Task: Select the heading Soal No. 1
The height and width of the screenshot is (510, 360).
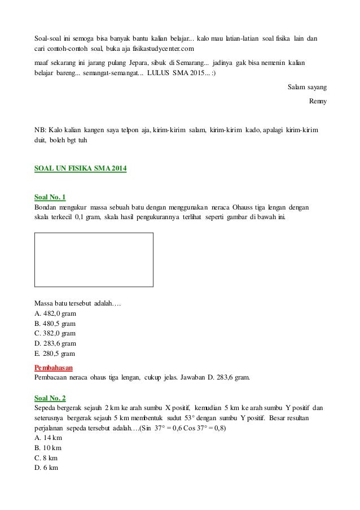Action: click(x=50, y=197)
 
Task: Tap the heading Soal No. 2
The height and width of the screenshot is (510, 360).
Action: click(x=50, y=398)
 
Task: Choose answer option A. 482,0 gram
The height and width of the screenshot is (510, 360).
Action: click(x=56, y=313)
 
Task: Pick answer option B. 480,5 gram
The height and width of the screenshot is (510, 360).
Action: click(x=55, y=324)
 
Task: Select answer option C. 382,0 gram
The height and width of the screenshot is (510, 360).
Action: click(x=55, y=334)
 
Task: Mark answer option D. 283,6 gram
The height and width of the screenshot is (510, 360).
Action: click(x=56, y=344)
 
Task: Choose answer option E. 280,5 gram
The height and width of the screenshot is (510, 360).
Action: click(x=55, y=354)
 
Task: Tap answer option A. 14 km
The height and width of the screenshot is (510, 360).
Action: click(x=48, y=438)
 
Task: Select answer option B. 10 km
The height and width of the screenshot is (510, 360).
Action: click(x=48, y=448)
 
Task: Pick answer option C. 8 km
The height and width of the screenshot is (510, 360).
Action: click(x=46, y=458)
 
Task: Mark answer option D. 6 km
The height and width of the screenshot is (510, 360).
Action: click(x=46, y=468)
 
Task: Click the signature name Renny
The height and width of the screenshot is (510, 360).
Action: click(x=318, y=102)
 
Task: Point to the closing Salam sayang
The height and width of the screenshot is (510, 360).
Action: click(x=307, y=88)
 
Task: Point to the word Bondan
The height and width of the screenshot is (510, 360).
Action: click(x=47, y=207)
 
